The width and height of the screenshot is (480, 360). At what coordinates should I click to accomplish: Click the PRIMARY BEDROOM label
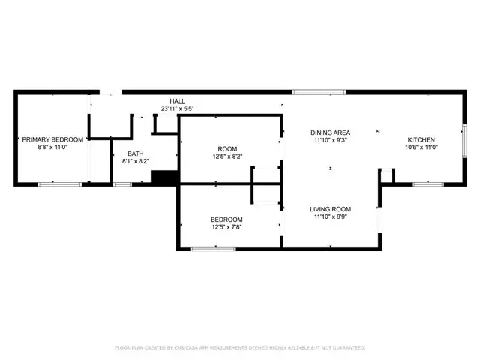pos(53,140)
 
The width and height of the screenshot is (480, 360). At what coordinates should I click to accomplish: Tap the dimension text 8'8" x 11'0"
pos(53,148)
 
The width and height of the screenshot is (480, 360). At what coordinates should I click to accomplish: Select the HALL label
pos(177,100)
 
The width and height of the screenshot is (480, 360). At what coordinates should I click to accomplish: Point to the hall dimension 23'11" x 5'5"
pos(177,109)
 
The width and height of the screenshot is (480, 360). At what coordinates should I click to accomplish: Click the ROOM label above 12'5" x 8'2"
pos(226,148)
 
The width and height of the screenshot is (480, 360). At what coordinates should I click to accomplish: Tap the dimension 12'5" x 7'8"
pos(226,227)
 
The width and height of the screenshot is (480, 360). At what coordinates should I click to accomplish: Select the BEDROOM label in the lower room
pos(226,219)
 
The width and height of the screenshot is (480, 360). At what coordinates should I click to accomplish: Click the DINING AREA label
pos(331,133)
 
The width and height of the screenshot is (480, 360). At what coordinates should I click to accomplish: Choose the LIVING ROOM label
pos(331,209)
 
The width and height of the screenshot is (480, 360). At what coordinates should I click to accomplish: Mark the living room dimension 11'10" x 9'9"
pos(331,217)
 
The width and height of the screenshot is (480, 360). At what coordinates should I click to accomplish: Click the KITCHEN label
pos(421,140)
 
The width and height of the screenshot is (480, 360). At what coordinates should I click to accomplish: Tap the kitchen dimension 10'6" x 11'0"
pos(421,148)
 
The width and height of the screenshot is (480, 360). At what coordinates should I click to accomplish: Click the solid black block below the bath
pos(163,178)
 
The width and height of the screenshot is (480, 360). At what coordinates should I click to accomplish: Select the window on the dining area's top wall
pos(319,92)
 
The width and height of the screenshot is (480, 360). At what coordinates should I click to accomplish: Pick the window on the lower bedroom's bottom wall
pos(213,248)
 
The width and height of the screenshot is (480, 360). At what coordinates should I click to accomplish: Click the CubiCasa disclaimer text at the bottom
pos(239,348)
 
